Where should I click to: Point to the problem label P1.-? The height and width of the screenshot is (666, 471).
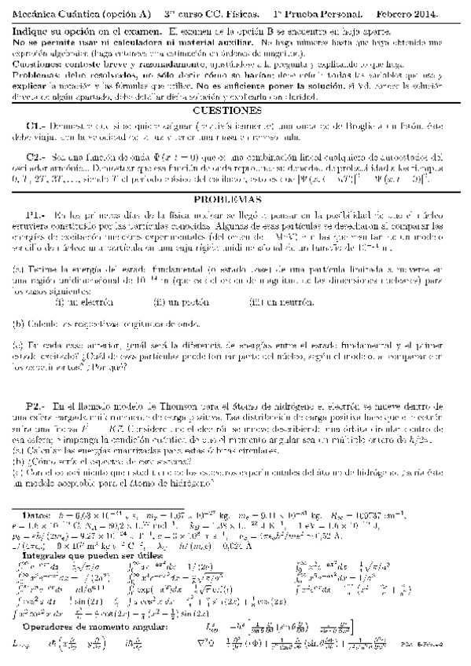37,214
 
